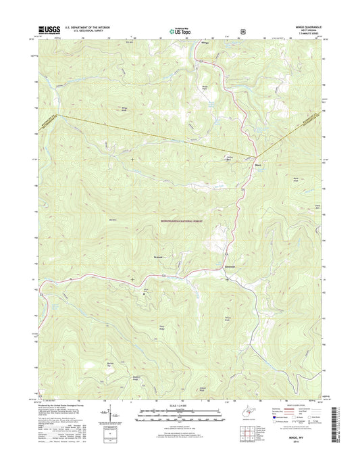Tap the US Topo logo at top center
pos(179,29)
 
